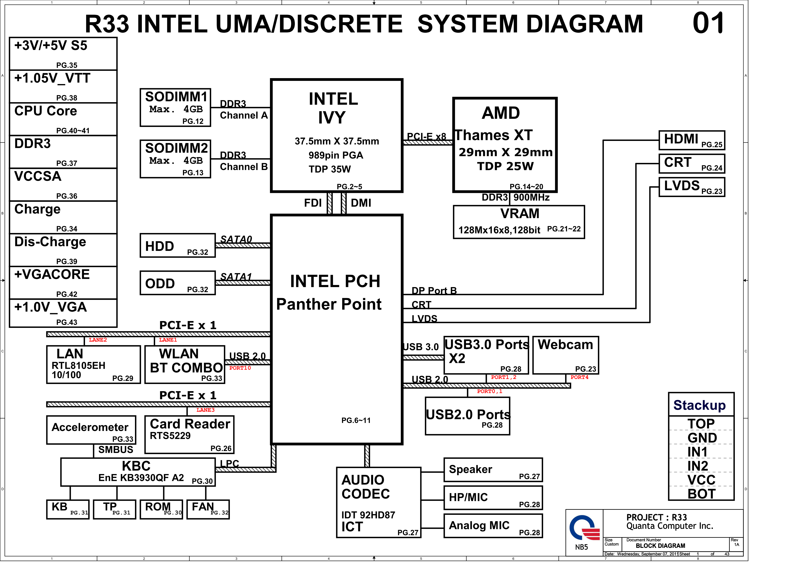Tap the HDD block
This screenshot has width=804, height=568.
pos(177,246)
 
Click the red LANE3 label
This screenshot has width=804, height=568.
pos(205,410)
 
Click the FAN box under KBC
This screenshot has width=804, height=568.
pos(208,509)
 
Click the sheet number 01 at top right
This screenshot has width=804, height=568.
pos(708,23)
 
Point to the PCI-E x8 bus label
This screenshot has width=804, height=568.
pos(426,137)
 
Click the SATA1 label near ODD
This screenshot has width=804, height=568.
pos(236,277)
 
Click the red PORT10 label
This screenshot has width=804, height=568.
pos(240,368)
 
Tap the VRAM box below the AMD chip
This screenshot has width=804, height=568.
pos(519,222)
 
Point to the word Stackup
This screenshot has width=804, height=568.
pos(699,405)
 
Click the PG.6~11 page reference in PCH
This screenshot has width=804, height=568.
pos(356,420)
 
